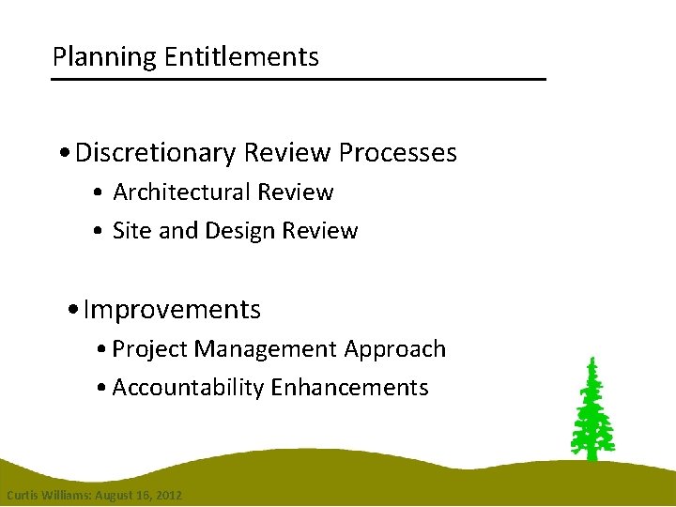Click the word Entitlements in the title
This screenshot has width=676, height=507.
click(x=241, y=58)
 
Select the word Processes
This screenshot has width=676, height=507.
click(x=398, y=153)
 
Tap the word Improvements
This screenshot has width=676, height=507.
click(x=172, y=310)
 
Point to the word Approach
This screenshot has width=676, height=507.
click(x=394, y=349)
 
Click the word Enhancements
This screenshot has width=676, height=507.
click(x=349, y=388)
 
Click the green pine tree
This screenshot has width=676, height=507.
click(x=591, y=413)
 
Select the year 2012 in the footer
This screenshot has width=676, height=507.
click(x=169, y=495)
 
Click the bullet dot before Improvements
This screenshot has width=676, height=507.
click(x=74, y=311)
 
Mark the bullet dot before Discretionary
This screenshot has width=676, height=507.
click(x=62, y=154)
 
